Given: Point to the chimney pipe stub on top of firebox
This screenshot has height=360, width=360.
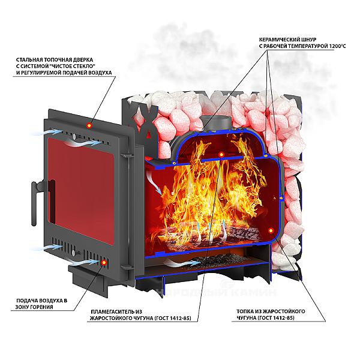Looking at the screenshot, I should coord(217,120).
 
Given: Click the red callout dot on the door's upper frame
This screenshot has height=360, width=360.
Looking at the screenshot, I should coord(89,124).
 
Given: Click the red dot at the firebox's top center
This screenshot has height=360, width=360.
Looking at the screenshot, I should coord(221,155).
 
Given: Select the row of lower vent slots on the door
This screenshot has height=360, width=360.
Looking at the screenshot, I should coord(66,246).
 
